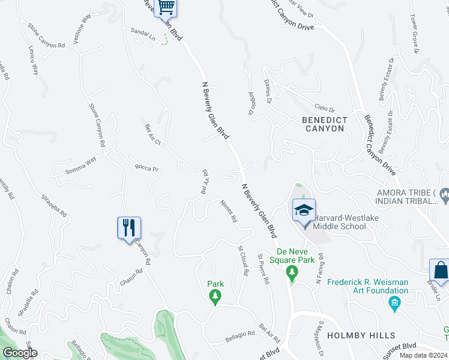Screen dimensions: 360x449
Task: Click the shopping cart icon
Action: click(x=166, y=8)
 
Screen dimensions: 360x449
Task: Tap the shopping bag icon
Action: click(x=440, y=271)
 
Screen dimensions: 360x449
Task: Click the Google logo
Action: click(x=19, y=353)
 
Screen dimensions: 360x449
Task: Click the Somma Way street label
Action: click(x=80, y=167)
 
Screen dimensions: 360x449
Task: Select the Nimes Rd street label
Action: click(x=229, y=211)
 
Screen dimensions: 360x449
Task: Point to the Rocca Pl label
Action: click(x=146, y=168)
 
